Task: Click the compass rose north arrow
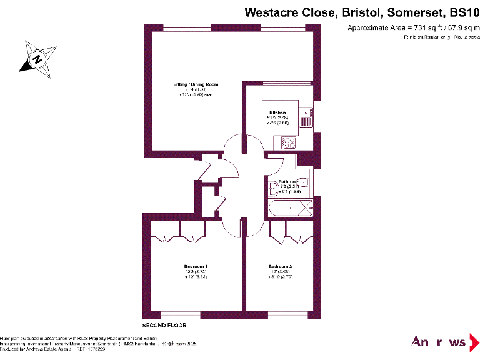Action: [37, 59]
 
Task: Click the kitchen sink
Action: [306, 114]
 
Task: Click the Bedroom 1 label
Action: [196, 267]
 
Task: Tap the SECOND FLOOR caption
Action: [164, 326]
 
